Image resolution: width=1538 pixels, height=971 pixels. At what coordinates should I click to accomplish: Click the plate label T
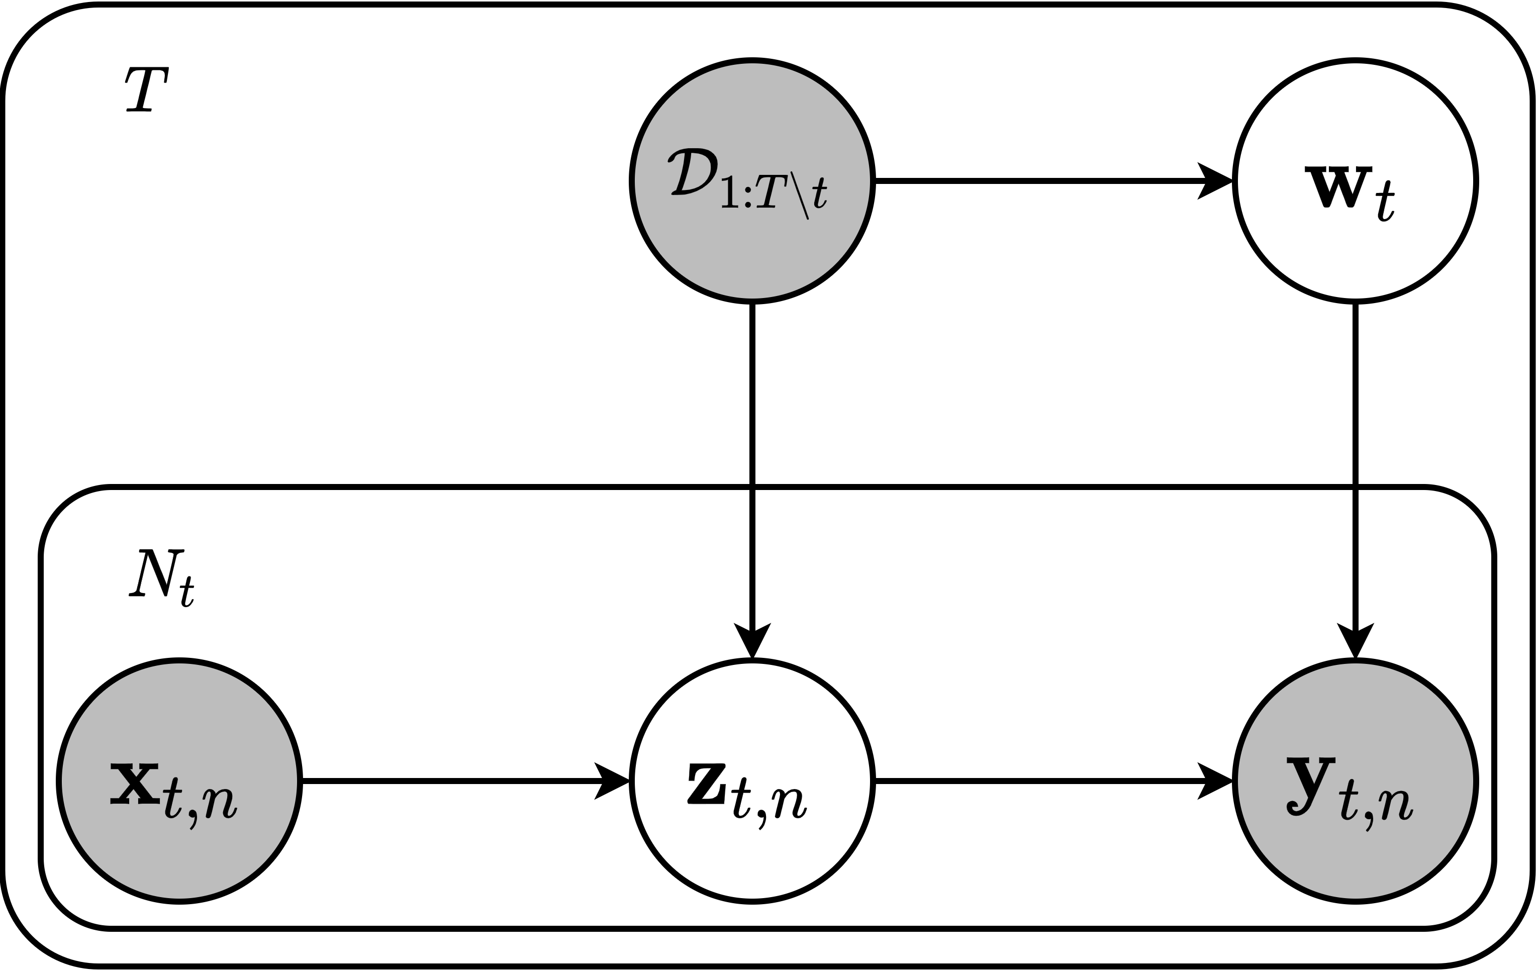tap(146, 89)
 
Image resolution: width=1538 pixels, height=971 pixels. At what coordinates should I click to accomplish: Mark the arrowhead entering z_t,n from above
tap(752, 639)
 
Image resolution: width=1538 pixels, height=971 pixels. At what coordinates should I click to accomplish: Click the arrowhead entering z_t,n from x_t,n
tap(612, 781)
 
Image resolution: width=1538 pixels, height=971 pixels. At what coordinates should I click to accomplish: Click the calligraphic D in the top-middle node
tap(693, 172)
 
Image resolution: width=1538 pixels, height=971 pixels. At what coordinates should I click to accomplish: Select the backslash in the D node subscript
tap(800, 195)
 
